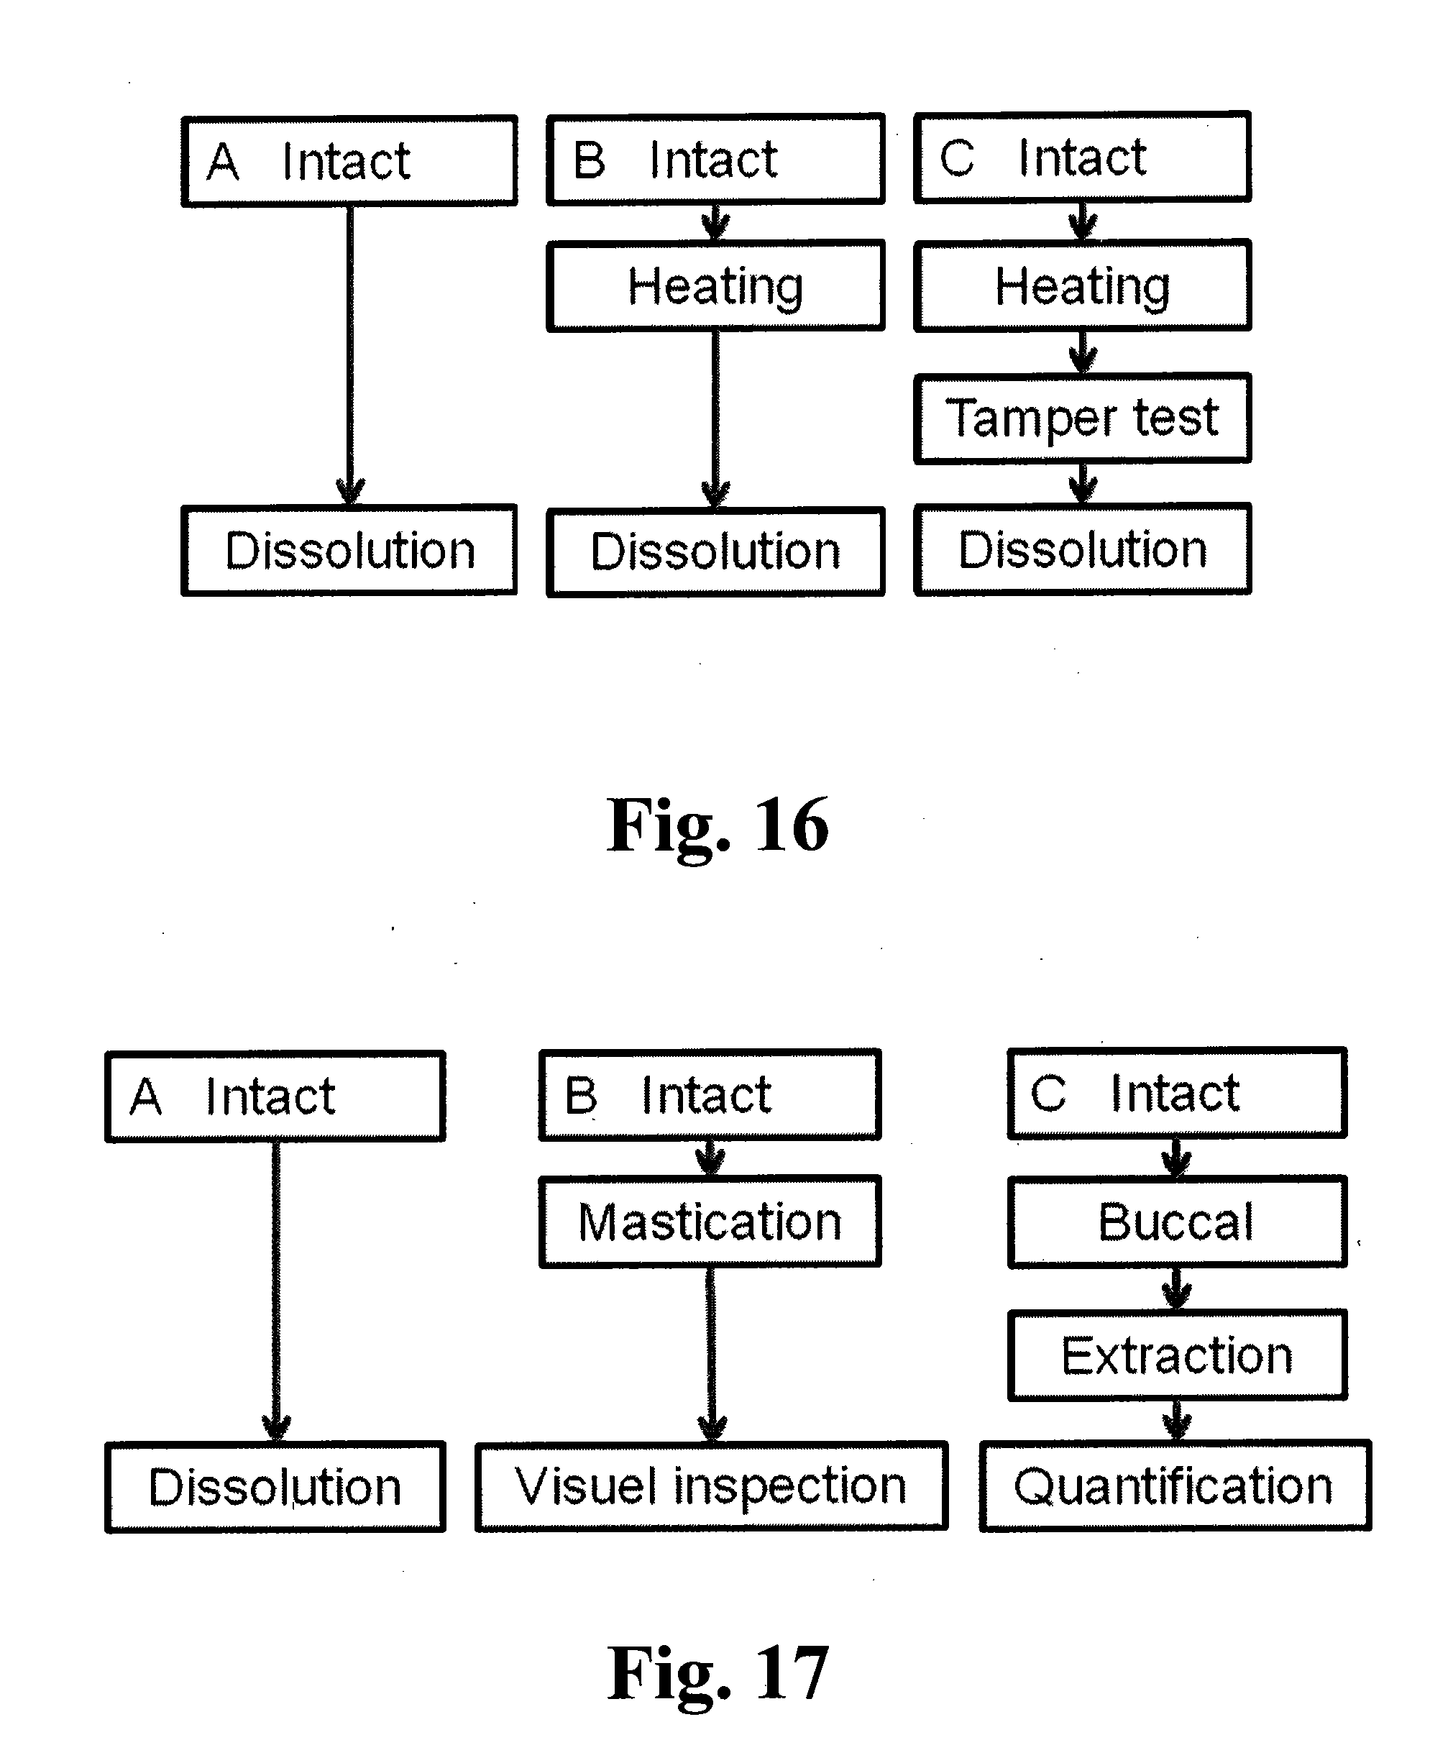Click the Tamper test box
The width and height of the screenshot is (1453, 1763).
[x=1082, y=418]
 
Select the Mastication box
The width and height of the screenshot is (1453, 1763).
[x=710, y=1222]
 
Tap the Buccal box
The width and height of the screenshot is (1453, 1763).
[x=1177, y=1222]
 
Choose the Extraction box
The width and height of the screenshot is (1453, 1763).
[x=1177, y=1355]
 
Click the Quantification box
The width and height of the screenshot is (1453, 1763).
[x=1174, y=1486]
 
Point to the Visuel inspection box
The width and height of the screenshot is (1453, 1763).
[x=710, y=1486]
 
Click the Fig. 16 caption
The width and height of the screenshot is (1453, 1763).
[x=718, y=825]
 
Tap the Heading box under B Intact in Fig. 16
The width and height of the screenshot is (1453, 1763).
[x=715, y=286]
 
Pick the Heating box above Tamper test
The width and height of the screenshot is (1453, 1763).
[x=1082, y=286]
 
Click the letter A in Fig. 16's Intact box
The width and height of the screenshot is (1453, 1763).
[x=224, y=162]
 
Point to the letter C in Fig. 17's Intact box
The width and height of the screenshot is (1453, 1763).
[x=1048, y=1094]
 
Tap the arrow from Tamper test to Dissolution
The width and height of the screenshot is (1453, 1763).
[x=1083, y=483]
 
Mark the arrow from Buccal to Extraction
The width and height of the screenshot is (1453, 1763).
[x=1177, y=1288]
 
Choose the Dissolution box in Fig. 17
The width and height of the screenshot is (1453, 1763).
[x=275, y=1488]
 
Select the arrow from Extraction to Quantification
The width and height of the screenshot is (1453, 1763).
[x=1177, y=1421]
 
